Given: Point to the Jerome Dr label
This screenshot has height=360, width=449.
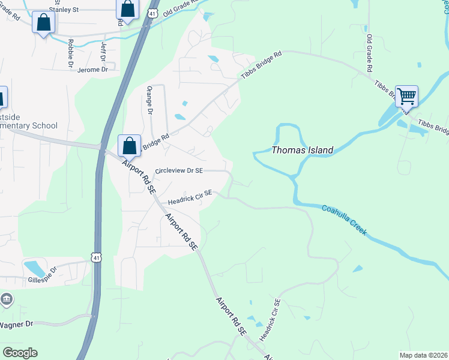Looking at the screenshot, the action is [x=92, y=70].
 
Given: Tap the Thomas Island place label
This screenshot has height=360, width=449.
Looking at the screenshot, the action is [x=303, y=150].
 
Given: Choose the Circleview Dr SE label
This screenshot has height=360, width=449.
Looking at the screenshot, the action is [x=179, y=171].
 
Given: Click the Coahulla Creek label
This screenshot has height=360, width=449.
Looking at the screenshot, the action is [x=344, y=220].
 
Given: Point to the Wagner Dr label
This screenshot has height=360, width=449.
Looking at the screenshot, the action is [x=16, y=325].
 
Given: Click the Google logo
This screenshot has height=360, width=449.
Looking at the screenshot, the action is [x=20, y=353].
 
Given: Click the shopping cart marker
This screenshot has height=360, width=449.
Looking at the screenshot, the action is [x=406, y=96].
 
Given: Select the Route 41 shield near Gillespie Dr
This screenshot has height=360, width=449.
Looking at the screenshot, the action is [x=96, y=257].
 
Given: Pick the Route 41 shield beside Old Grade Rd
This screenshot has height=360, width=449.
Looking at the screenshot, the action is [x=154, y=13].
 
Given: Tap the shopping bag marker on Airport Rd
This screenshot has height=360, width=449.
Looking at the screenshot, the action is [x=129, y=146].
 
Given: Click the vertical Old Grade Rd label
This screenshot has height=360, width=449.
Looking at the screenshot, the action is [x=370, y=50].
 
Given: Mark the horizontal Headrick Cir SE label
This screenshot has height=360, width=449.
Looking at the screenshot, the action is [x=190, y=196].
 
